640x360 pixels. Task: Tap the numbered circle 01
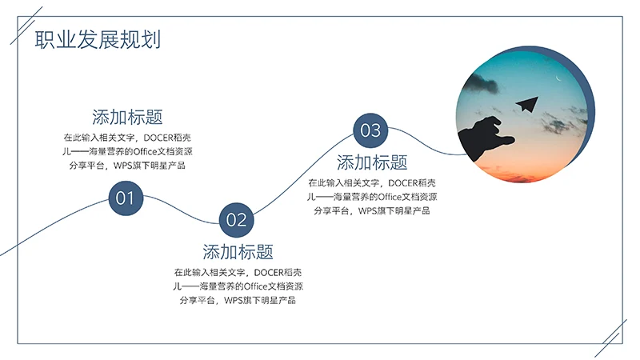click(126, 198)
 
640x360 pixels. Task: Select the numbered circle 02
click(236, 219)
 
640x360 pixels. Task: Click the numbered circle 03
click(370, 130)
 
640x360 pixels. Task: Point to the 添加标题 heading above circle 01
click(127, 117)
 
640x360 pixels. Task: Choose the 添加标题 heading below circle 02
click(238, 252)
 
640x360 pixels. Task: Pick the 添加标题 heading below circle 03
click(372, 163)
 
